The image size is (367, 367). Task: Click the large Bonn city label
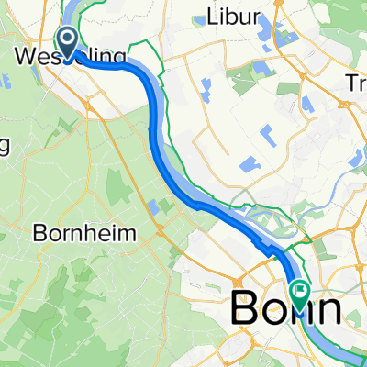(x=286, y=309)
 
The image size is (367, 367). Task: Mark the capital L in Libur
(x=212, y=19)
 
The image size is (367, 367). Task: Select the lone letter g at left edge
(x=5, y=147)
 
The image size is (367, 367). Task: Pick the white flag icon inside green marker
(x=300, y=292)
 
